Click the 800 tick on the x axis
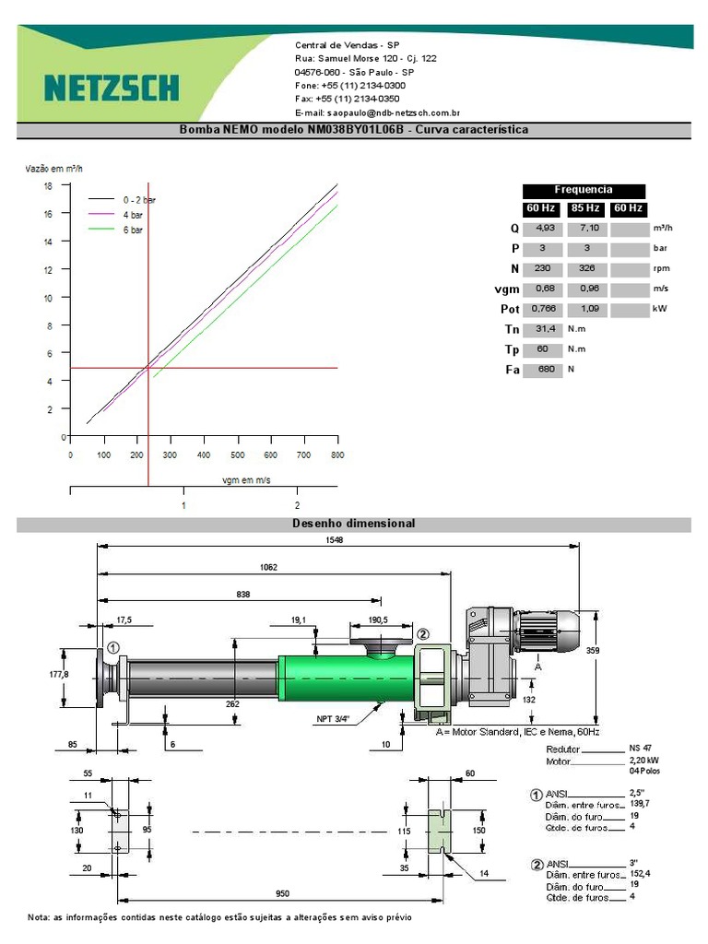click(337, 455)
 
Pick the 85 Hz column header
click(585, 209)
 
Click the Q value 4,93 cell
click(544, 228)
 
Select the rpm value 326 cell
click(585, 268)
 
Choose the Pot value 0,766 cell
click(544, 309)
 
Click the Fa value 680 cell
click(544, 370)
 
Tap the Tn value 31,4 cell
click(544, 329)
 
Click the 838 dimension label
click(243, 595)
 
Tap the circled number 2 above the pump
click(423, 634)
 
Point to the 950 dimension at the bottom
click(282, 893)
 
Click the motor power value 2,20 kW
click(643, 761)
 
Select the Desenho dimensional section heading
click(354, 524)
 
